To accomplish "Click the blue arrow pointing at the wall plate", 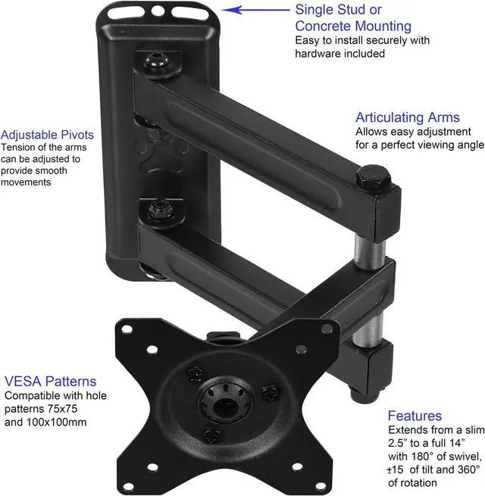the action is (255, 10).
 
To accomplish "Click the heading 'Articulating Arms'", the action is (408, 117).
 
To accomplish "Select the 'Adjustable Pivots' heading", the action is (47, 135).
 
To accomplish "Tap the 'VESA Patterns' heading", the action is (50, 381).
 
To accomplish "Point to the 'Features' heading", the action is (415, 416).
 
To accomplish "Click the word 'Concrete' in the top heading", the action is (323, 27).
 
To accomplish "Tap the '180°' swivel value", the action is (422, 457).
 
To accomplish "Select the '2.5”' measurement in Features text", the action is (398, 443).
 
